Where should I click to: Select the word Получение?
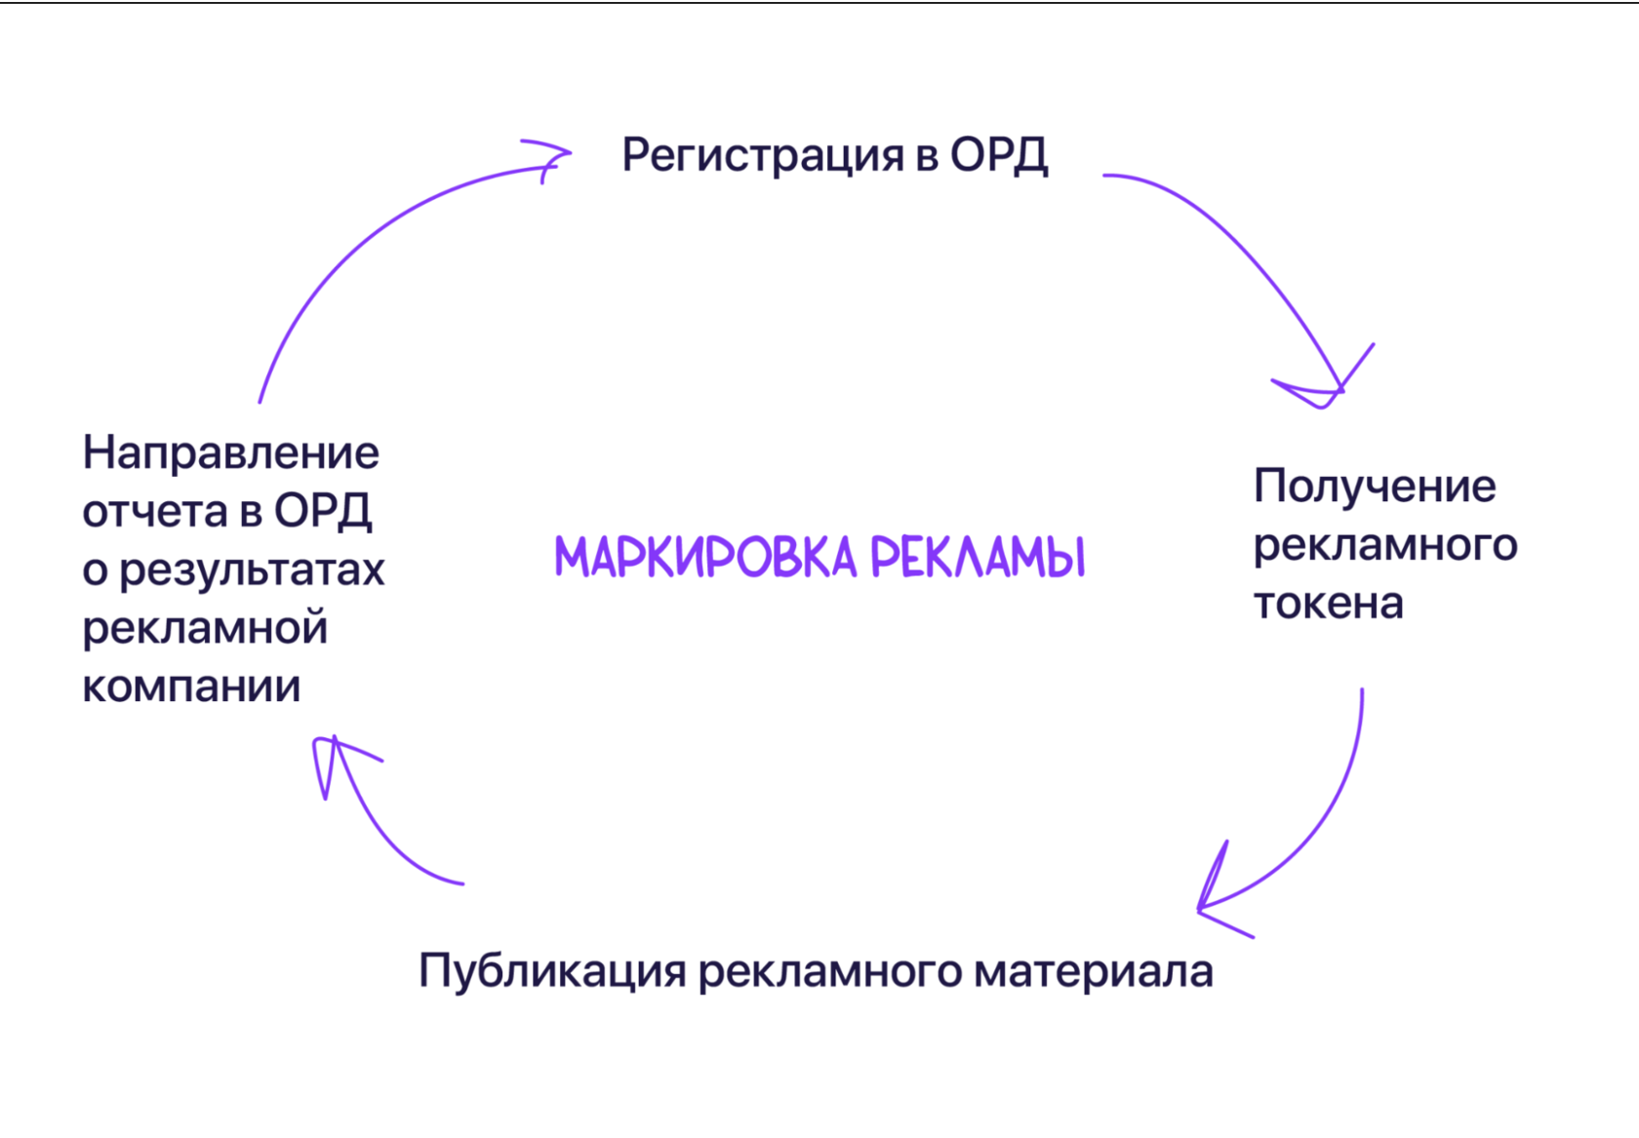(1374, 487)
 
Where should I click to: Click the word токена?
(1328, 604)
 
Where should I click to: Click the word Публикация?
(552, 972)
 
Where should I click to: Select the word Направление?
(231, 453)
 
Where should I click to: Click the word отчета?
(154, 511)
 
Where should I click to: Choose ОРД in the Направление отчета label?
(323, 511)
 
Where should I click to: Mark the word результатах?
(252, 569)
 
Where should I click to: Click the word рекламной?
(205, 628)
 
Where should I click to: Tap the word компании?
(191, 687)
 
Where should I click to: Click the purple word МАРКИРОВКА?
(704, 558)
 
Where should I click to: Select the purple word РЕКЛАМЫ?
(977, 558)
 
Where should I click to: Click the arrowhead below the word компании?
(335, 756)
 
